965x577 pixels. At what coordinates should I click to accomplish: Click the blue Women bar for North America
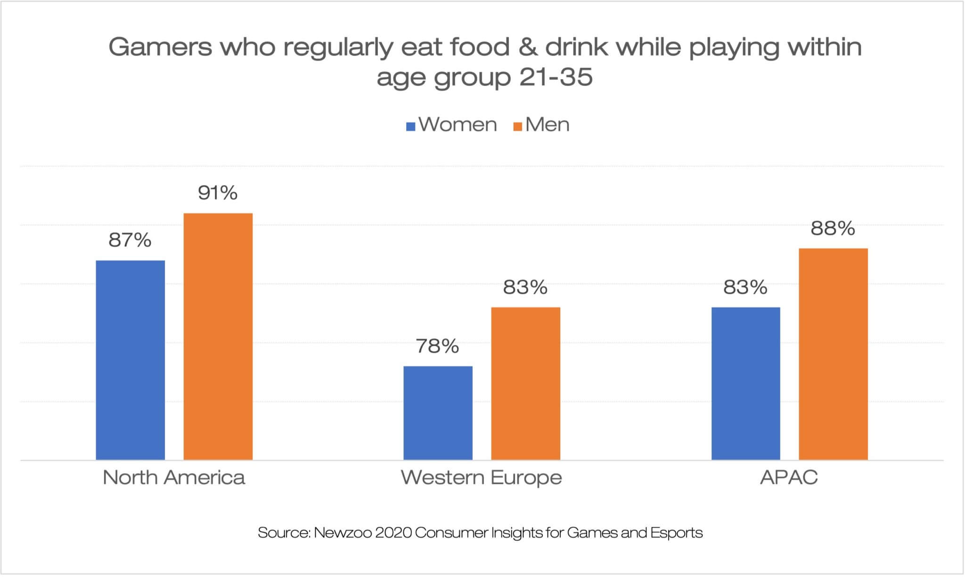pyautogui.click(x=130, y=360)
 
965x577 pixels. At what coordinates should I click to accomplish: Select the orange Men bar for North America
pyautogui.click(x=218, y=336)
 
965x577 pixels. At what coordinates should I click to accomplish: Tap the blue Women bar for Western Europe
pyautogui.click(x=438, y=413)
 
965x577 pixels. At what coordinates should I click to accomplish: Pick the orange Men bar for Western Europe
pyautogui.click(x=525, y=383)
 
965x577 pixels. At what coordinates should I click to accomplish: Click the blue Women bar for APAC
pyautogui.click(x=745, y=383)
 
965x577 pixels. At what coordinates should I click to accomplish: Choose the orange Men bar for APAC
pyautogui.click(x=833, y=354)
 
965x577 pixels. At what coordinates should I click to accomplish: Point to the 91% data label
pyautogui.click(x=218, y=193)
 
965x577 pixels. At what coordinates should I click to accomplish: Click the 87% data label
pyautogui.click(x=130, y=240)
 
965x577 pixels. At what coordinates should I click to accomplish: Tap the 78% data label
pyautogui.click(x=438, y=346)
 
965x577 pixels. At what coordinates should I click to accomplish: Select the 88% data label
pyautogui.click(x=833, y=228)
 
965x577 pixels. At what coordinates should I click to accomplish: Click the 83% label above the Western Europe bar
pyautogui.click(x=525, y=287)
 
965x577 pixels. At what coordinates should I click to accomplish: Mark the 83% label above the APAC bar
pyautogui.click(x=745, y=287)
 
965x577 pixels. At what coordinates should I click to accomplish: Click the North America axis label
pyautogui.click(x=174, y=478)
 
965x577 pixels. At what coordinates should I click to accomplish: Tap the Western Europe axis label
pyautogui.click(x=482, y=478)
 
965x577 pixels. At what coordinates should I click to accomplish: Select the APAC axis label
pyautogui.click(x=789, y=478)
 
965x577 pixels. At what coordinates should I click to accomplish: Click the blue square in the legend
pyautogui.click(x=411, y=126)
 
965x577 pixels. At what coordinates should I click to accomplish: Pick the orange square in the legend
pyautogui.click(x=517, y=126)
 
